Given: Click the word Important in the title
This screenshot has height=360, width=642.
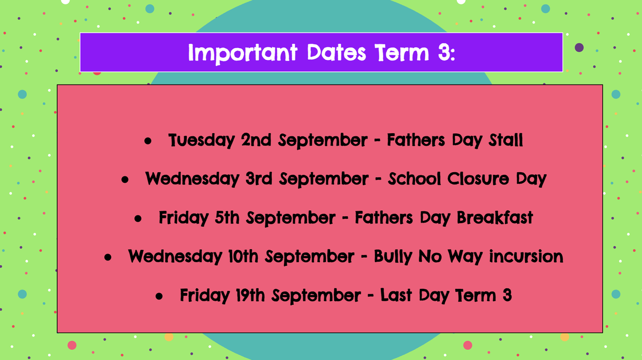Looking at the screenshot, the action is point(243,53).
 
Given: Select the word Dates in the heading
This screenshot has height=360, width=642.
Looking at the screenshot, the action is point(337,52).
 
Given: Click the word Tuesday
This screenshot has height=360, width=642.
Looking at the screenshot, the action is point(202,141).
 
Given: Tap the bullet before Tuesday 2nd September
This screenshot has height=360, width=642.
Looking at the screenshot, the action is point(148,141).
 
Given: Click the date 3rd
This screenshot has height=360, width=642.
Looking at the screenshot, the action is point(259,179).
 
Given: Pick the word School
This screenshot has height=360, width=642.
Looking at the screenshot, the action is point(415,179).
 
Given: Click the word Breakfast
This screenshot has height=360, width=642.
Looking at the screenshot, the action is point(495,218).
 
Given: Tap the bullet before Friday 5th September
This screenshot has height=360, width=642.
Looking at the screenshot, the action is point(138,219).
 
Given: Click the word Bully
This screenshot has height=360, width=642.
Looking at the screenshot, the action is point(393,257).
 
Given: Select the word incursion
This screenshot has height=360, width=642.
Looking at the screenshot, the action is point(526,256).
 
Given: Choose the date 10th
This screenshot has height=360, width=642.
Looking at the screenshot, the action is point(243,256).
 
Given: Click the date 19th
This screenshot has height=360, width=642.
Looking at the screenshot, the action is point(250,295).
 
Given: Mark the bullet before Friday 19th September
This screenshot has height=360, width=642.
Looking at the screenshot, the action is point(159,296).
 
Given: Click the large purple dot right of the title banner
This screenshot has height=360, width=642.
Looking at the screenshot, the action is point(579,47).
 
